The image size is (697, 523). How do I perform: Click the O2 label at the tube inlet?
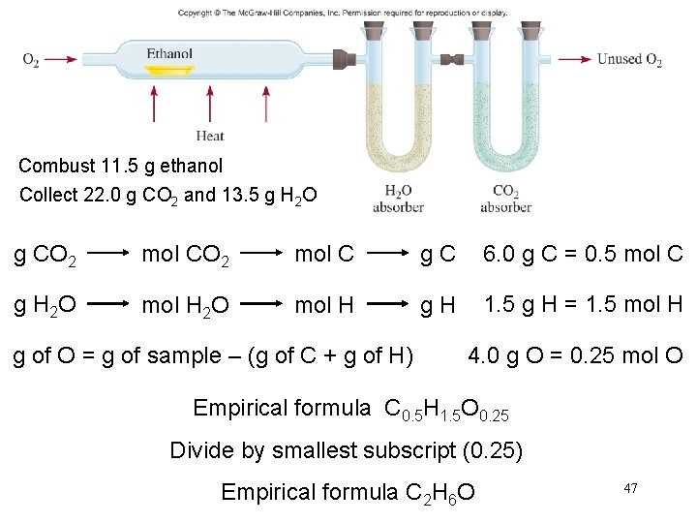coord(31,60)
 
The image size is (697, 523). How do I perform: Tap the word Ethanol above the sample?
coord(169,54)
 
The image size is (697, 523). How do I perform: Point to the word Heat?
coord(210,136)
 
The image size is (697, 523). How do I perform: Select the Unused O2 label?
coord(629,60)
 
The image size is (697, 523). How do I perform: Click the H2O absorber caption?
coord(398,199)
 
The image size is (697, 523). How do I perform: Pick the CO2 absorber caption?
coord(505,199)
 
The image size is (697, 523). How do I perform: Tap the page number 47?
coord(630,488)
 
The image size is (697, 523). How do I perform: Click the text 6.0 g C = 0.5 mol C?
coord(583,256)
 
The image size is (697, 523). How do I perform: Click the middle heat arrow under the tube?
coord(210,102)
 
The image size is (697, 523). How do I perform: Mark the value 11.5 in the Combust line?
coord(115,166)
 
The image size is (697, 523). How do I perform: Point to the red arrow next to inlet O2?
coord(60,60)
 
